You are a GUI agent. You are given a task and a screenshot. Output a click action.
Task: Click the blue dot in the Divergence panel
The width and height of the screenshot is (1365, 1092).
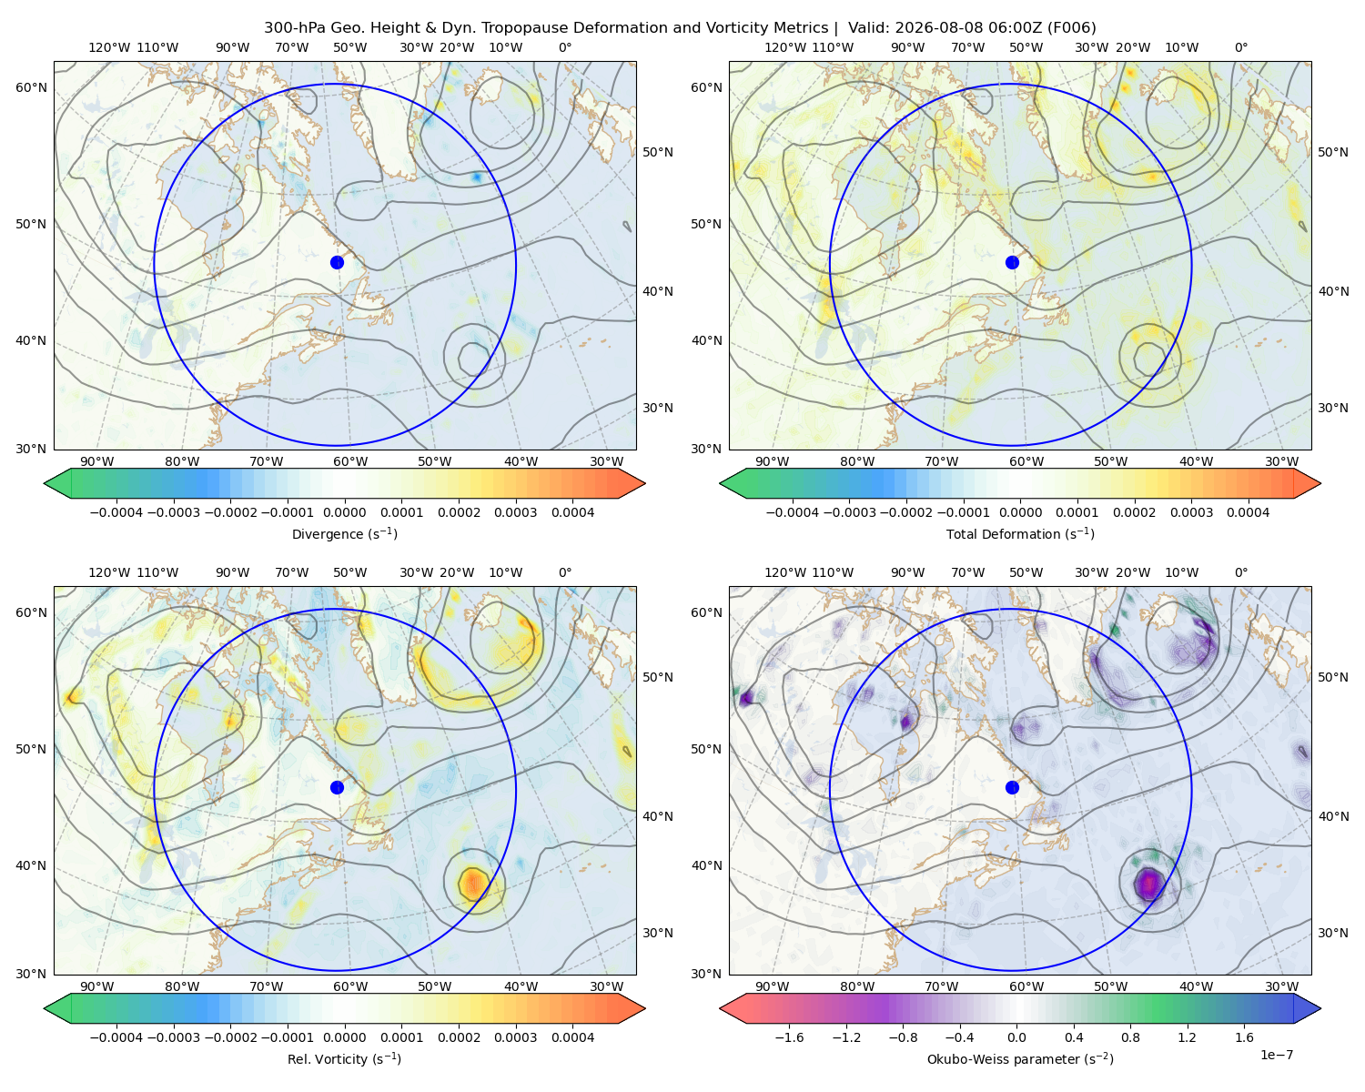coord(337,262)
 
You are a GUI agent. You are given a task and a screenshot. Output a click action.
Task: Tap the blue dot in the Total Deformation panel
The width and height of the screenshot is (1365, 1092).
coord(1012,262)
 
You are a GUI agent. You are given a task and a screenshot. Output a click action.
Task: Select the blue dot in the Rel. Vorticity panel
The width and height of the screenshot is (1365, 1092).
coord(337,787)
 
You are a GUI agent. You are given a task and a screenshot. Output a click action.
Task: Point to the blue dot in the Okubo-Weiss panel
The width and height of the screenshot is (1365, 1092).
coord(1012,787)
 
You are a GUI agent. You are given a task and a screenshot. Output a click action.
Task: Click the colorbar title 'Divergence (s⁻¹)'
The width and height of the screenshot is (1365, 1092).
coord(344,533)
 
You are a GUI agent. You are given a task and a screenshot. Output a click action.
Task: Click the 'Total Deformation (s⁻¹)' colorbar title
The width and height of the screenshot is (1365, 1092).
coord(1020,533)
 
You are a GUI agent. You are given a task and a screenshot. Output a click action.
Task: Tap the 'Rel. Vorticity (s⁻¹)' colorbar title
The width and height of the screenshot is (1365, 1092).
coord(344,1058)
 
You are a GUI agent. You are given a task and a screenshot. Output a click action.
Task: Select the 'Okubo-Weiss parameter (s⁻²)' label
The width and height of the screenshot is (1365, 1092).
coord(1020,1058)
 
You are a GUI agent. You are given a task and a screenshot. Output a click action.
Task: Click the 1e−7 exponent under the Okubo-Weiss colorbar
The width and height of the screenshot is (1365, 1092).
coord(1276,1055)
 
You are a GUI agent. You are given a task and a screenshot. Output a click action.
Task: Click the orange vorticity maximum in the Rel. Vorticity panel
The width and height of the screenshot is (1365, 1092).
coord(473,883)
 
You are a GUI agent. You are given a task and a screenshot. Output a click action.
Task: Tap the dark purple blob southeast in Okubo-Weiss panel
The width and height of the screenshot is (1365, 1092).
coord(1148,884)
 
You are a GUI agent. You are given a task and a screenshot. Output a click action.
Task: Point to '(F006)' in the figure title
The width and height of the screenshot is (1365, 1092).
coord(1071,28)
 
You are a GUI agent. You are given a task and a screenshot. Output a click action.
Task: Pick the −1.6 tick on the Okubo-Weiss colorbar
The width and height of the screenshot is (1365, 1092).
coord(789,1036)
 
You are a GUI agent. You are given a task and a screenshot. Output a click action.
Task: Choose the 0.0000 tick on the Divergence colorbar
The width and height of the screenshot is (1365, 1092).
coord(344,512)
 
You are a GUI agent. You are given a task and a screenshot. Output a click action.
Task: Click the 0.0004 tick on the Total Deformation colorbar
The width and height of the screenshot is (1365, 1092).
coord(1248,512)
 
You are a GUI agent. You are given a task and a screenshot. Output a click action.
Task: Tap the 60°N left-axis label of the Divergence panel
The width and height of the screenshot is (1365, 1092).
coord(31,87)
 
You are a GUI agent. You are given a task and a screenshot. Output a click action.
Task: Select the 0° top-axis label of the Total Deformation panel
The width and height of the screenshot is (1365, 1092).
coord(1240,47)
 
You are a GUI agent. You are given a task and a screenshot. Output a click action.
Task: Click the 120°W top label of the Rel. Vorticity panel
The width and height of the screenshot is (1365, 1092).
coord(109,571)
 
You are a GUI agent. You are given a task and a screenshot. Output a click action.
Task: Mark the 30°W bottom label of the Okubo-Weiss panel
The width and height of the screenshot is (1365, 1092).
coord(1281,986)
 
